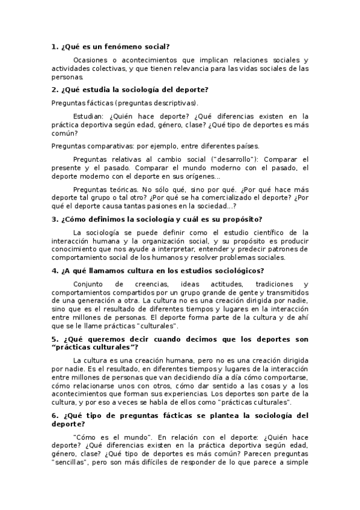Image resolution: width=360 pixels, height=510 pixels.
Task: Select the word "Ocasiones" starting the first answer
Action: (91, 60)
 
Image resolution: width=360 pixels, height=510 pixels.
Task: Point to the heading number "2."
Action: (55, 90)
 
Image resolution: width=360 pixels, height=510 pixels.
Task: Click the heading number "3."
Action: (55, 220)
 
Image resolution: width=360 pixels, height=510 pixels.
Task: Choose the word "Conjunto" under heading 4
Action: (90, 284)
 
